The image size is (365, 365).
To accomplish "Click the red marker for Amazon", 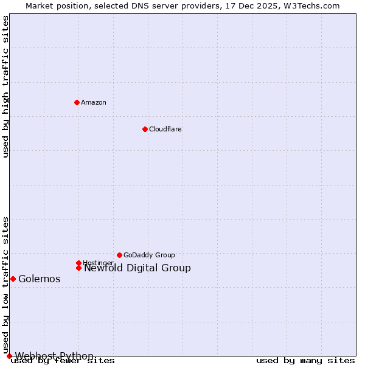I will tap(77, 102).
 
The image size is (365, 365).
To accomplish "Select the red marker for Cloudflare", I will tap(145, 129).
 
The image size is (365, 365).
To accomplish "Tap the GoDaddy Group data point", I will tap(119, 255).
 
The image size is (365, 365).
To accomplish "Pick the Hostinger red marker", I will tap(78, 263).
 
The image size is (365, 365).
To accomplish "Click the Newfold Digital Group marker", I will tap(78, 268).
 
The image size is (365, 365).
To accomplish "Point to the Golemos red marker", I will tap(13, 279).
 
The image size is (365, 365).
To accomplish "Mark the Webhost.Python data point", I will tap(9, 356).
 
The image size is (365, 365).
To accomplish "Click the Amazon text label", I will tap(94, 103).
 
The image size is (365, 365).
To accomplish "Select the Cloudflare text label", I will tap(165, 130).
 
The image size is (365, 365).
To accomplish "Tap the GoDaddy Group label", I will tap(149, 255).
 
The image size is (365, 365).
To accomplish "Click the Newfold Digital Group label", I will tap(137, 268).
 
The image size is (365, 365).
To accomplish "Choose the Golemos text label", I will tap(40, 279).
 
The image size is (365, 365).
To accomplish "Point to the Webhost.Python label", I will tap(55, 356).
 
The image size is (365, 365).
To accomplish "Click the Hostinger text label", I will tap(98, 263).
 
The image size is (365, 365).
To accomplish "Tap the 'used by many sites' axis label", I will tap(305, 361).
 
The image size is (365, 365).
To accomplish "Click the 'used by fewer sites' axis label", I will tap(63, 361).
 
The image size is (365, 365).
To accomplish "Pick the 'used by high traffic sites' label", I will tap(5, 86).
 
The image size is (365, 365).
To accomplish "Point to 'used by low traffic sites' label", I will tap(5, 285).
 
